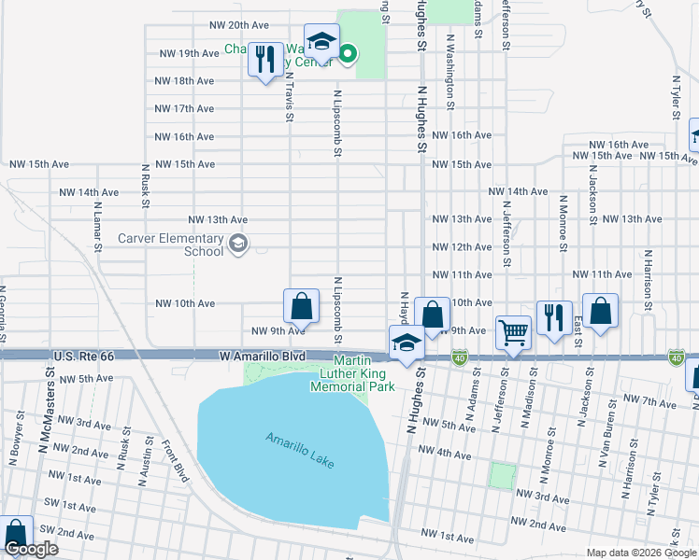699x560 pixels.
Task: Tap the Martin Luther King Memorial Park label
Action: tap(352, 373)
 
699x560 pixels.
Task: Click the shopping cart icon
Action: tap(513, 331)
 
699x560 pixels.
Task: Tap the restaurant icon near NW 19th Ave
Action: tap(266, 61)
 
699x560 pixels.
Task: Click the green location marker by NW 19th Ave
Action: tap(347, 54)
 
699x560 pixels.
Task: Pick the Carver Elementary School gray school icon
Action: tap(238, 245)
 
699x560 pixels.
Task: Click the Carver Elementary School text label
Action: tap(171, 245)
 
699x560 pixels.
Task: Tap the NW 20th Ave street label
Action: tap(240, 25)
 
